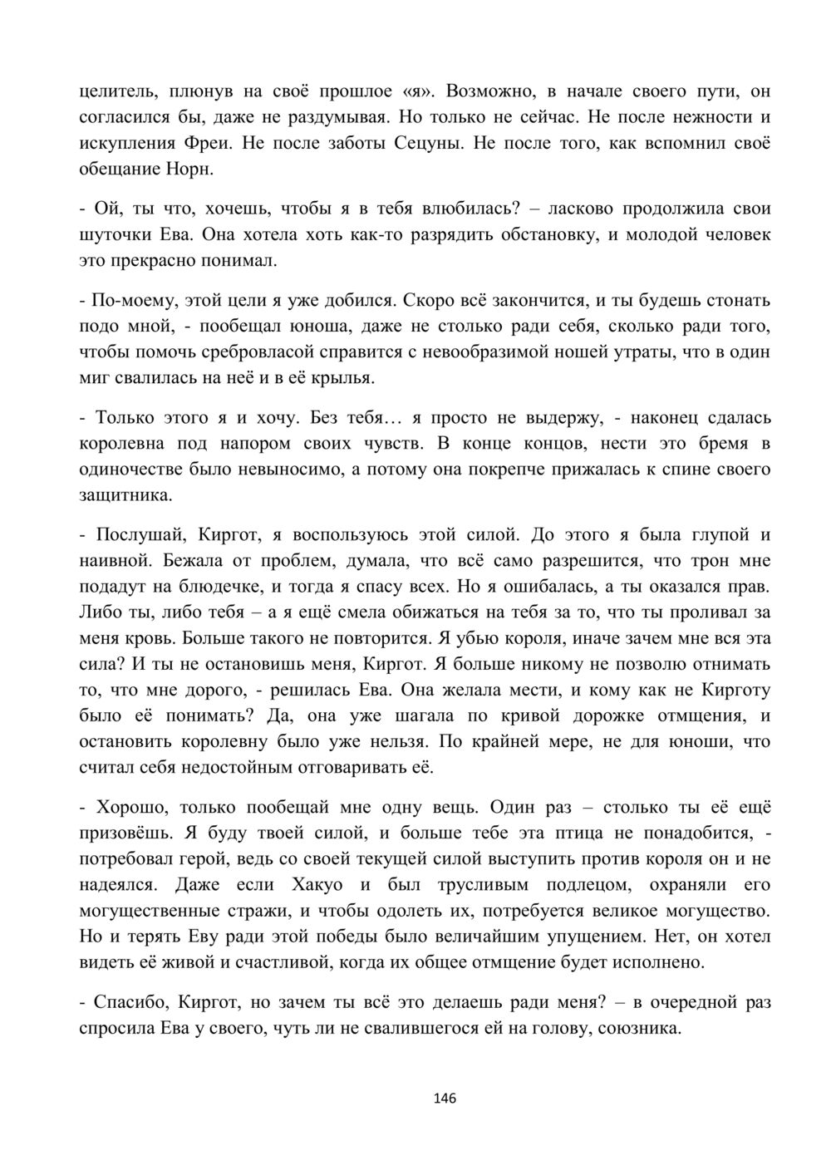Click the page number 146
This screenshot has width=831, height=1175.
(445, 1099)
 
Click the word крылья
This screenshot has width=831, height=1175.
(345, 378)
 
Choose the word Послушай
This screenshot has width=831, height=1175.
(145, 534)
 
